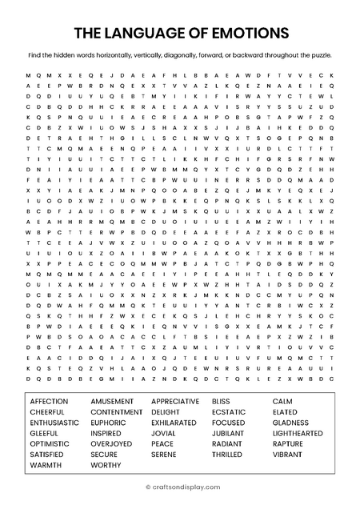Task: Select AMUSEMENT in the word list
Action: pyautogui.click(x=112, y=401)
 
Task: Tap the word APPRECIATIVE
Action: pyautogui.click(x=175, y=401)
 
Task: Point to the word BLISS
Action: pyautogui.click(x=220, y=401)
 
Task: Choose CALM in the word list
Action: pyautogui.click(x=282, y=401)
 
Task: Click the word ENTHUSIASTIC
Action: pyautogui.click(x=54, y=423)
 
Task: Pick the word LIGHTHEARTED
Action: pyautogui.click(x=298, y=433)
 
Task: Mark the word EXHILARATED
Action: pyautogui.click(x=174, y=423)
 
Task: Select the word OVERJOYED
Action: pyautogui.click(x=111, y=443)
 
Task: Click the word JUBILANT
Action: pyautogui.click(x=227, y=433)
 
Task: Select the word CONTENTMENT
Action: pyautogui.click(x=117, y=411)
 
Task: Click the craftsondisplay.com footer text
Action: pyautogui.click(x=183, y=486)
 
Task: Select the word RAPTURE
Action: pyautogui.click(x=287, y=443)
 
